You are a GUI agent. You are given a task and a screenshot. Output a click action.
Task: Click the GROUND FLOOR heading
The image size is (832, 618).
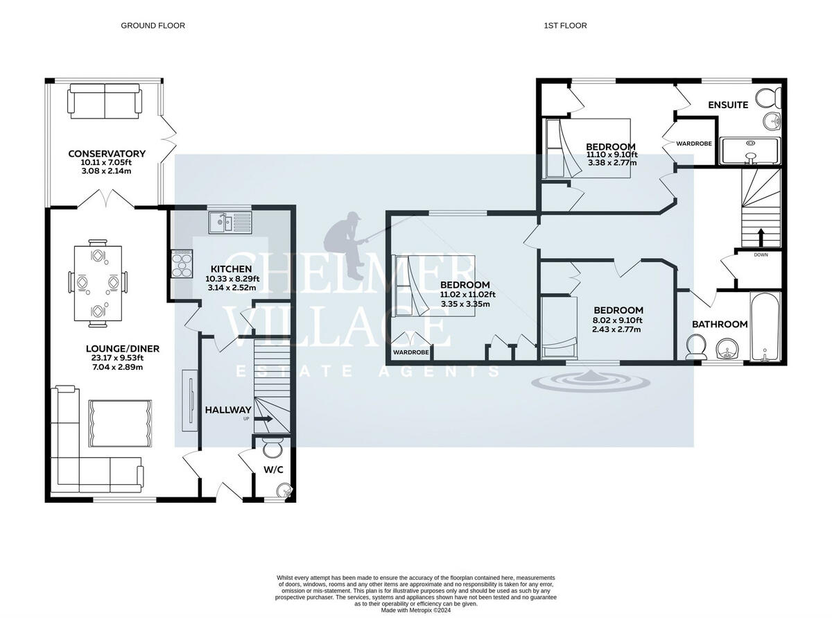(153, 26)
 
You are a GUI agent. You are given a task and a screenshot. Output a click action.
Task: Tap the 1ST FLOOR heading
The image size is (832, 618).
(565, 26)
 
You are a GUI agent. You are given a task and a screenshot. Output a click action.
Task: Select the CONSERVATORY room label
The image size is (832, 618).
(107, 153)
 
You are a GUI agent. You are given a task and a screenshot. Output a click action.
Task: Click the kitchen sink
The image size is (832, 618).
(230, 223)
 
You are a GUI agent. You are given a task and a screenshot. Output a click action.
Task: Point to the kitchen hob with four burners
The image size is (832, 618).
(182, 264)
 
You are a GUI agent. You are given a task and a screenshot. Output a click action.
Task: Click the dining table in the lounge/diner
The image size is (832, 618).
(98, 283)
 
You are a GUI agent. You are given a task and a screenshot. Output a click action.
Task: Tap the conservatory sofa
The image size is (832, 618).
(105, 101)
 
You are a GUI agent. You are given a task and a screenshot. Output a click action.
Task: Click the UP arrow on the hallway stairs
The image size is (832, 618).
(264, 419)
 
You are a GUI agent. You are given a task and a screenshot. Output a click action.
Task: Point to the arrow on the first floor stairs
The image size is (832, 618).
(761, 237)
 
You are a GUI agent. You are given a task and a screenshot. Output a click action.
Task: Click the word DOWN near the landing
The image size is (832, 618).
(761, 255)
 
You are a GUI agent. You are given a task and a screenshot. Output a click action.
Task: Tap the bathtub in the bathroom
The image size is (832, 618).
(765, 327)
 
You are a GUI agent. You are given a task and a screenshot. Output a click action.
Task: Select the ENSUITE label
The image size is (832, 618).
(728, 105)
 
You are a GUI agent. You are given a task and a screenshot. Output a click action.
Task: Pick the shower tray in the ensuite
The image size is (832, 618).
(751, 151)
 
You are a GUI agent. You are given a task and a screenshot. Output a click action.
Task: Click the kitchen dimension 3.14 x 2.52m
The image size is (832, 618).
(232, 288)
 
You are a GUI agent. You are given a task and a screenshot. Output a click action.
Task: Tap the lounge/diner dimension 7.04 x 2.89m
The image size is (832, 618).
(117, 367)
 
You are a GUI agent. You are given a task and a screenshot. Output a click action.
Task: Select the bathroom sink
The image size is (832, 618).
(727, 349)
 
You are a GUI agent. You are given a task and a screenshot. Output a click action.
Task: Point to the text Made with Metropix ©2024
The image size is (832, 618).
(415, 610)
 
